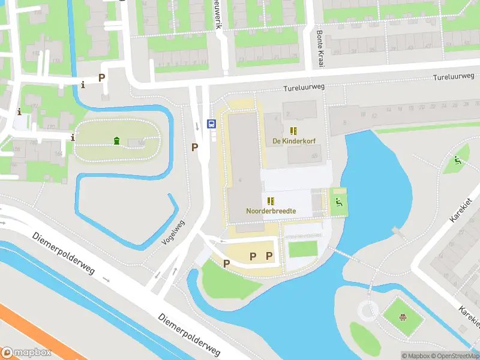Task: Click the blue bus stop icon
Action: click(x=212, y=124)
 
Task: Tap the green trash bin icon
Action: click(x=116, y=141)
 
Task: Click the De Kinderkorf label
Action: click(x=294, y=141)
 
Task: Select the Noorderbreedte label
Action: click(x=271, y=211)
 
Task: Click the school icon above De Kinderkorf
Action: click(x=294, y=131)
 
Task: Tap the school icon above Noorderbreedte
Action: click(x=271, y=201)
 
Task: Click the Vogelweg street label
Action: click(x=174, y=233)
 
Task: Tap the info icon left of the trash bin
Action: click(x=73, y=137)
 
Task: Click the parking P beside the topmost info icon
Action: click(x=101, y=78)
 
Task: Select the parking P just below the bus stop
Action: click(x=194, y=147)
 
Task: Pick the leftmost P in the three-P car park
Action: click(x=227, y=263)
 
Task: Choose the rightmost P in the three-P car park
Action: click(x=269, y=256)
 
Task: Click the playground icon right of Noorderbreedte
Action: click(x=338, y=202)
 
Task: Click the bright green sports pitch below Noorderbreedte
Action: click(x=302, y=248)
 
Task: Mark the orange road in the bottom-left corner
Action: click(x=30, y=333)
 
